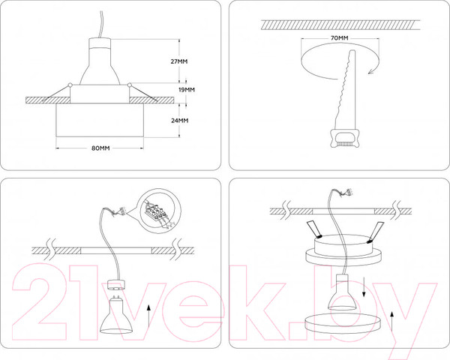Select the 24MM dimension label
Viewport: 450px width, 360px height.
(x=178, y=120)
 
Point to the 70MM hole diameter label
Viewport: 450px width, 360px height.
(x=339, y=37)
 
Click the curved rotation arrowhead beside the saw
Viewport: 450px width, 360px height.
(x=373, y=70)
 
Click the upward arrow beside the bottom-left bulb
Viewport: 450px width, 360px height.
(x=150, y=311)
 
